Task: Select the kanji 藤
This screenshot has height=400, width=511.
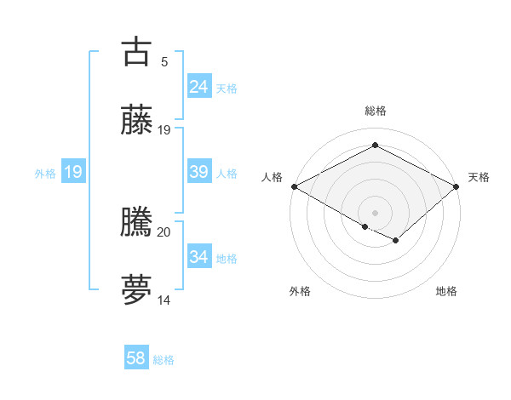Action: (x=136, y=120)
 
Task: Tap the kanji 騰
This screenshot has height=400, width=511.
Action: (x=136, y=222)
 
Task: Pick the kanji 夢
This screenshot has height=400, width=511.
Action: (x=136, y=289)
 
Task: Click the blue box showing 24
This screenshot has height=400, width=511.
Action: (x=199, y=87)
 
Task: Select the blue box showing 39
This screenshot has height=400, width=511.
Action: (x=199, y=172)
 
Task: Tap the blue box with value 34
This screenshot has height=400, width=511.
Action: (x=199, y=257)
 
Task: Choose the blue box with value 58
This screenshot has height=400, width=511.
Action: (x=136, y=358)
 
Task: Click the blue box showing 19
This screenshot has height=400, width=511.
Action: (x=73, y=172)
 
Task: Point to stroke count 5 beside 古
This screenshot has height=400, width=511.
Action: (x=164, y=61)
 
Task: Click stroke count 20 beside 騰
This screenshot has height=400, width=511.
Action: (x=164, y=231)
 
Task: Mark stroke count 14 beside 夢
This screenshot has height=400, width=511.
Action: (x=164, y=300)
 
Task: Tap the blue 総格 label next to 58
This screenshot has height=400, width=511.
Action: (x=164, y=360)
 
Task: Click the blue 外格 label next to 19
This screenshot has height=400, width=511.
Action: (x=45, y=174)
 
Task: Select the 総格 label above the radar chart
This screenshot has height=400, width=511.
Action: (x=376, y=111)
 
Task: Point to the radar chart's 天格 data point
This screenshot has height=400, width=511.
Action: (x=457, y=186)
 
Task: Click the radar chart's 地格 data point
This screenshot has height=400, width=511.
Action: (x=396, y=241)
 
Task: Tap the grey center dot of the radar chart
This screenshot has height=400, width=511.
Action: (x=375, y=212)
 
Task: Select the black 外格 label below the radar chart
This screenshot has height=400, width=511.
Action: (x=300, y=292)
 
